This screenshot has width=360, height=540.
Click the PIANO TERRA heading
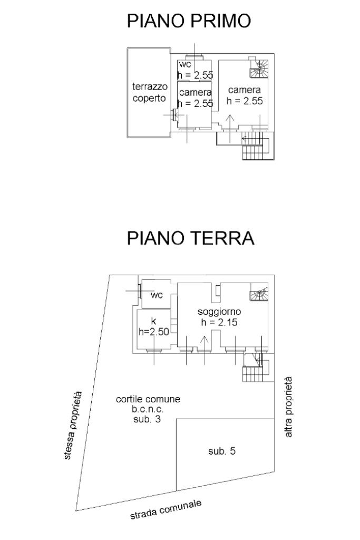coord(191,238)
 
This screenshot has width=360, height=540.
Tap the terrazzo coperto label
coord(149,93)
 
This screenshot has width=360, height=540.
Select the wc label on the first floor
coord(184,65)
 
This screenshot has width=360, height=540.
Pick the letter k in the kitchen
coord(153,321)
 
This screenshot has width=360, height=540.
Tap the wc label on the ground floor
coord(157,295)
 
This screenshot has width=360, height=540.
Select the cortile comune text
coord(148,399)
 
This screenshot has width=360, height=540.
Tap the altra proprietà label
coord(288,407)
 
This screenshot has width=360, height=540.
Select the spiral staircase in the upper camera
coord(259,67)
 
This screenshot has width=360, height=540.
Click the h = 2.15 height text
coord(219,323)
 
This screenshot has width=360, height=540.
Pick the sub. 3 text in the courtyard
coord(148,419)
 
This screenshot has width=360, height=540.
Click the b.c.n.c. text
coord(148,409)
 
